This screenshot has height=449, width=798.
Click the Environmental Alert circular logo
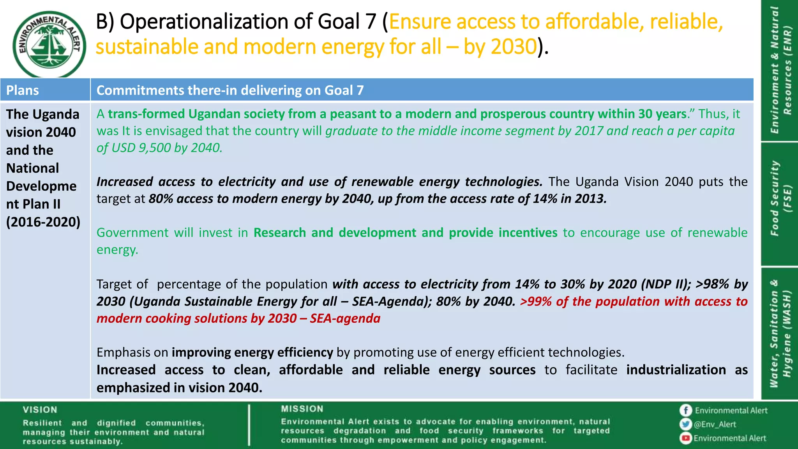[x=49, y=44]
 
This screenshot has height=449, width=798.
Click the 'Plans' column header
[x=23, y=90]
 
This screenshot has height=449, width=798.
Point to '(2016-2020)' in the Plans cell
[x=43, y=222]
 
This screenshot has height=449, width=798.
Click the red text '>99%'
[x=536, y=301]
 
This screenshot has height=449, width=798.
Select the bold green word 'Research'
[x=279, y=233]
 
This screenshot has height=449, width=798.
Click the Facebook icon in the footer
[x=685, y=410]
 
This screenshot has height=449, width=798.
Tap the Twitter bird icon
[x=685, y=424]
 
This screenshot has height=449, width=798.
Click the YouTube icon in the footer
[x=685, y=438]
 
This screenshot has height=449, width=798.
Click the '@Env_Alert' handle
[x=715, y=424]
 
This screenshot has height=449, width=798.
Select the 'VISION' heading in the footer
[x=40, y=410]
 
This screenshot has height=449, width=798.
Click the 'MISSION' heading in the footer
[x=302, y=409]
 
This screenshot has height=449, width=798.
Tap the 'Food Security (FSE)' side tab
[x=780, y=199]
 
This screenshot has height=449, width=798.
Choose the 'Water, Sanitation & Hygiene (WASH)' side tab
[x=780, y=333]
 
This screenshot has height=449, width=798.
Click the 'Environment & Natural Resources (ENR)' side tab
[x=780, y=70]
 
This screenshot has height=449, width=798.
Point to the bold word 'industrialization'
[x=676, y=369]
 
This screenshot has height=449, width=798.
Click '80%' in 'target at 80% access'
[x=161, y=199]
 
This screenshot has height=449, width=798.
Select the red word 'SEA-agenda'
[x=345, y=318]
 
